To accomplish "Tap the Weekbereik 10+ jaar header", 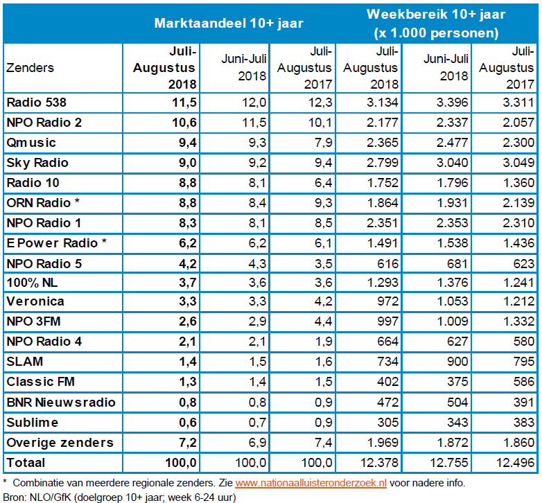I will [x=436, y=23].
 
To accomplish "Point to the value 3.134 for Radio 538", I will [x=382, y=103].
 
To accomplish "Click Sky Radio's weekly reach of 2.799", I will [x=382, y=163].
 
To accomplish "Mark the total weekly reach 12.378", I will [x=379, y=462].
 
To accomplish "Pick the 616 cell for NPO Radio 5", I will [x=388, y=263].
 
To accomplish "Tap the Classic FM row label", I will [x=40, y=382].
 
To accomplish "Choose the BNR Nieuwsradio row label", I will [x=60, y=402].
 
